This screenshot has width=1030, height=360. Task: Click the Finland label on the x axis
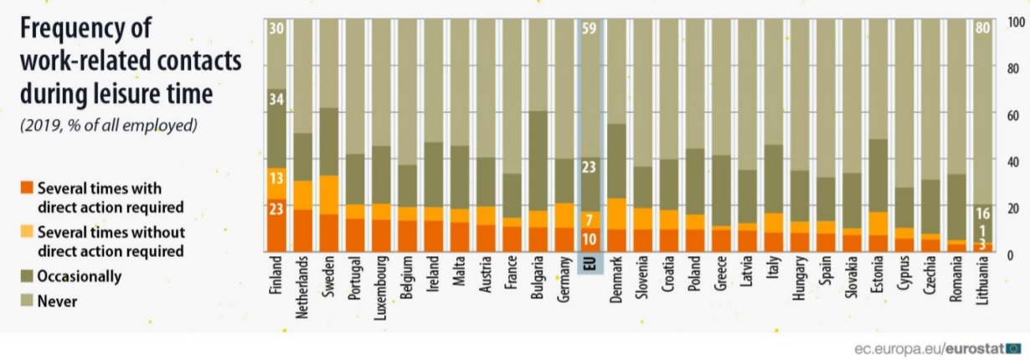click(x=277, y=277)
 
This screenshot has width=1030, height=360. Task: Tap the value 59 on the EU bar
click(x=590, y=28)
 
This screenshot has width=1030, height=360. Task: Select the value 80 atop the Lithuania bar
click(x=985, y=28)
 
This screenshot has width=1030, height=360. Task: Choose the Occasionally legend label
click(x=80, y=275)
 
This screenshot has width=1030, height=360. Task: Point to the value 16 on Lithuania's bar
click(x=985, y=213)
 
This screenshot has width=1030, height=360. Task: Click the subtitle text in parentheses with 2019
click(x=107, y=126)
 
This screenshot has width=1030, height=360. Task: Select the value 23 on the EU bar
click(x=590, y=167)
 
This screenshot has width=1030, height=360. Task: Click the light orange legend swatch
click(x=27, y=231)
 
